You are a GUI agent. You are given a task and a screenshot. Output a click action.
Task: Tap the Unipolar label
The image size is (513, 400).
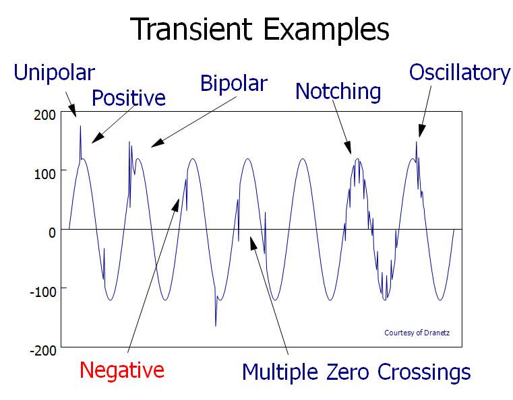pos(55,73)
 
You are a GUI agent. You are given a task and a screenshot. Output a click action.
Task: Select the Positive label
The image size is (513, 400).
pos(129,98)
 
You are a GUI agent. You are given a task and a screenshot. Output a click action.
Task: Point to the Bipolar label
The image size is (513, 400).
pos(234,85)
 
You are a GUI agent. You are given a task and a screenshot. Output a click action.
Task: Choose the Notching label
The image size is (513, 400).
pos(338,91)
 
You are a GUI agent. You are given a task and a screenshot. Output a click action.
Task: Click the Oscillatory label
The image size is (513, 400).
pos(460,72)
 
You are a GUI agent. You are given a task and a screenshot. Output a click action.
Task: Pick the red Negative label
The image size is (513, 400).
pos(121,370)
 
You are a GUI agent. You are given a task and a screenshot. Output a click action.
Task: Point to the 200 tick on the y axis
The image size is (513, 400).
pos(44,114)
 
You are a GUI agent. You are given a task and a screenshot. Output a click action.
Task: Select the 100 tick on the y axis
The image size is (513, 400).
pos(44,172)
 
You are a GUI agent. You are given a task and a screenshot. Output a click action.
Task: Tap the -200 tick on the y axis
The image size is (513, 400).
pos(42,349)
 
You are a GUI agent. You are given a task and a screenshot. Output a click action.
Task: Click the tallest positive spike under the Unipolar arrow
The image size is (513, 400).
pos(80,127)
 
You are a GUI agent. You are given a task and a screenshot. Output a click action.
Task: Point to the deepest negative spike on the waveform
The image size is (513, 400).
pos(216,325)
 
